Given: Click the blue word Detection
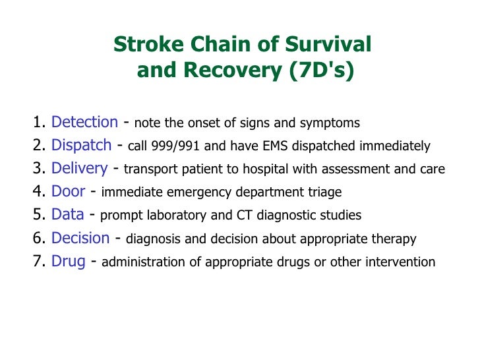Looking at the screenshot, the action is pyautogui.click(x=84, y=122).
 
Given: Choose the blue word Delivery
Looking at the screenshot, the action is pyautogui.click(x=79, y=169).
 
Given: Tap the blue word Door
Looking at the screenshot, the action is pyautogui.click(x=68, y=192).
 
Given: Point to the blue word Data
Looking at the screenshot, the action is pyautogui.click(x=67, y=215).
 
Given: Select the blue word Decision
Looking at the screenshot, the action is pyautogui.click(x=80, y=238).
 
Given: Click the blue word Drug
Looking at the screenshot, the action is pyautogui.click(x=68, y=261).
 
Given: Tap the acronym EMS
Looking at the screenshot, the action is pyautogui.click(x=267, y=146).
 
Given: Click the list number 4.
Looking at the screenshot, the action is pyautogui.click(x=37, y=192).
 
